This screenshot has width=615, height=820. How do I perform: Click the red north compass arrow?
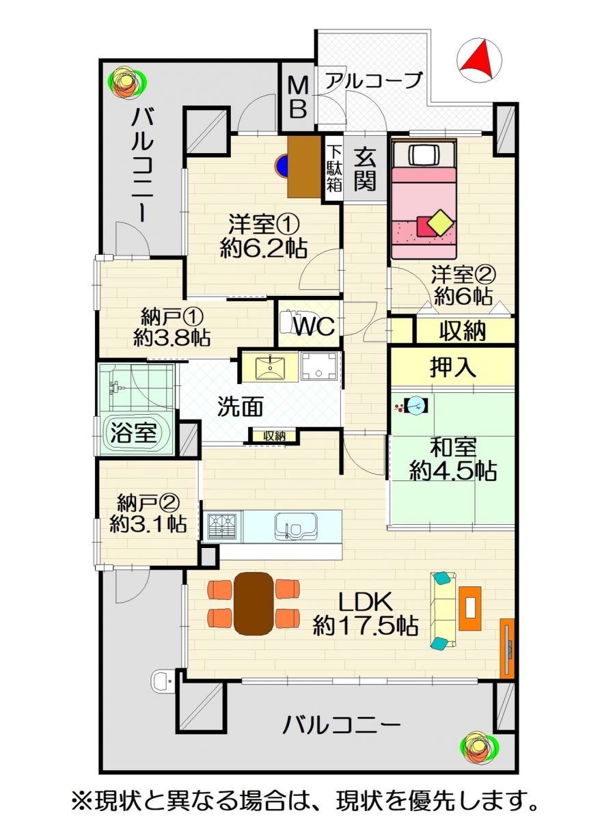click(x=479, y=58)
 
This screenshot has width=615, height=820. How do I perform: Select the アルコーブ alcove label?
click(x=374, y=79)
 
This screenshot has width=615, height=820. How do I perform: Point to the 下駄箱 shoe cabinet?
click(x=334, y=168)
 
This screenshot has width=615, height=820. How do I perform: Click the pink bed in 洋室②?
click(x=424, y=199)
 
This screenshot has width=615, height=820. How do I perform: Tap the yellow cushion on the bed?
click(x=441, y=223)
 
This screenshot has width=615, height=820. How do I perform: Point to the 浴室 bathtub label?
click(x=134, y=433)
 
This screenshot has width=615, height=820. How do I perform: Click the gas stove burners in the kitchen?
click(x=223, y=526)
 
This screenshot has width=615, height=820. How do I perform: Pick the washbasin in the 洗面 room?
click(x=270, y=367)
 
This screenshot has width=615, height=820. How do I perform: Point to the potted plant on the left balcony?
click(x=127, y=82)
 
